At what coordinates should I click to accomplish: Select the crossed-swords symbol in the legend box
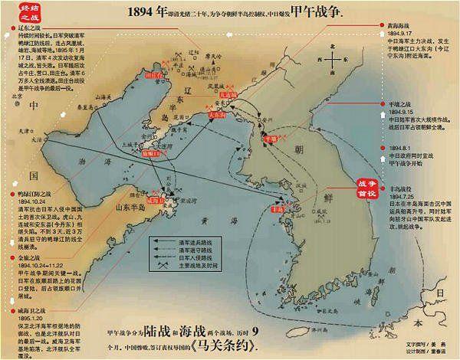pyautogui.click(x=162, y=265)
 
